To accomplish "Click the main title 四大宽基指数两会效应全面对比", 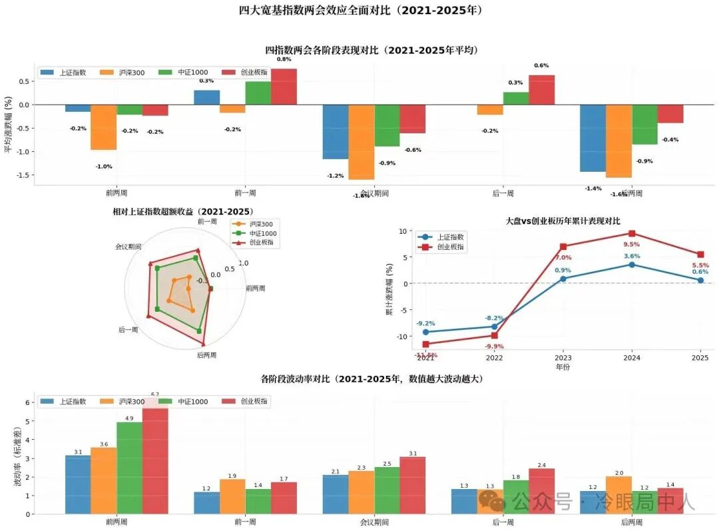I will [x=360, y=10].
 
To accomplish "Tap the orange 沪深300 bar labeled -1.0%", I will [x=103, y=127].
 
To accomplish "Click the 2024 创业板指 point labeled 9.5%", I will [x=632, y=233].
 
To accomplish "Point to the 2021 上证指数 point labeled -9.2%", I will [x=425, y=332].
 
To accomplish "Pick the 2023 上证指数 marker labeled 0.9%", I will [x=563, y=278].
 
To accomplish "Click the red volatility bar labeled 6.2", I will [x=155, y=460].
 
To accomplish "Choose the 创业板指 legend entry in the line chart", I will [x=449, y=247].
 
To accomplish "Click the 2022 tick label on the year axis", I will [x=494, y=358].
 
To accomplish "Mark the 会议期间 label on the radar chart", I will [x=128, y=247].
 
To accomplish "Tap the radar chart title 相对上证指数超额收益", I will [x=183, y=212].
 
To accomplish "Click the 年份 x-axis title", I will [x=563, y=366].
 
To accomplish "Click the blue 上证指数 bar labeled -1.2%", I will [x=335, y=132].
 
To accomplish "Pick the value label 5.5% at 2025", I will [x=700, y=265].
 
